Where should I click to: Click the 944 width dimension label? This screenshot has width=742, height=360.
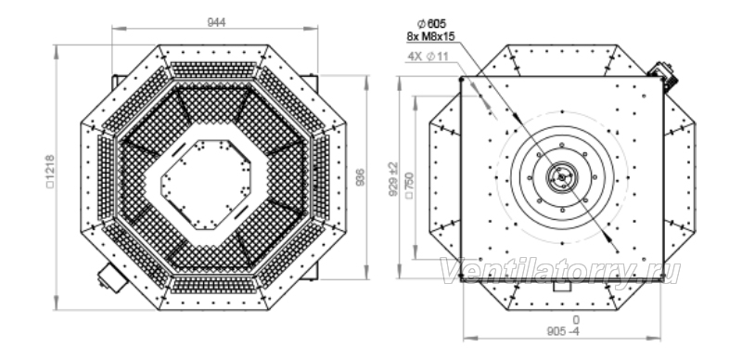(x=216, y=21)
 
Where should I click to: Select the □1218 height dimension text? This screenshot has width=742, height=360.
(x=50, y=172)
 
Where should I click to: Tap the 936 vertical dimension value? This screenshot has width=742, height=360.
(x=360, y=177)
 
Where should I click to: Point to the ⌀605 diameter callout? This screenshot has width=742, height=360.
(x=431, y=24)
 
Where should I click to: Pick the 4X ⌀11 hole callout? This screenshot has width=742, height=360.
(x=428, y=57)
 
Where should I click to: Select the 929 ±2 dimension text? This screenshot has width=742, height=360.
(x=393, y=179)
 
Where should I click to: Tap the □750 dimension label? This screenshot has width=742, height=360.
(x=409, y=186)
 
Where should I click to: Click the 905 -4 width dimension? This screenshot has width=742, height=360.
(x=563, y=331)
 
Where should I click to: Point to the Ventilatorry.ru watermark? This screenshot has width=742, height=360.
(x=561, y=272)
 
